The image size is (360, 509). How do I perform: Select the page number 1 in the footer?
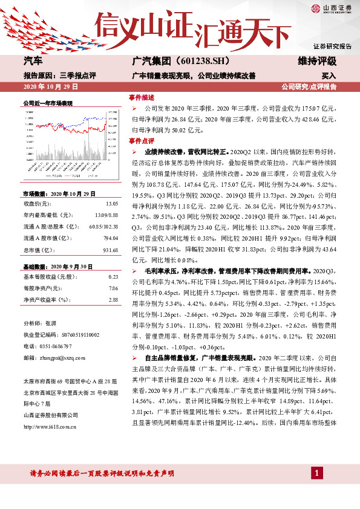pos(316,472)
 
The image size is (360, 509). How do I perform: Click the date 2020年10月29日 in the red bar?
pos(46,87)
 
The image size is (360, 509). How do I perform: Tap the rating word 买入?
pos(329,77)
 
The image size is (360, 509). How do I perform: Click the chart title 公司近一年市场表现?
pos(47,103)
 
